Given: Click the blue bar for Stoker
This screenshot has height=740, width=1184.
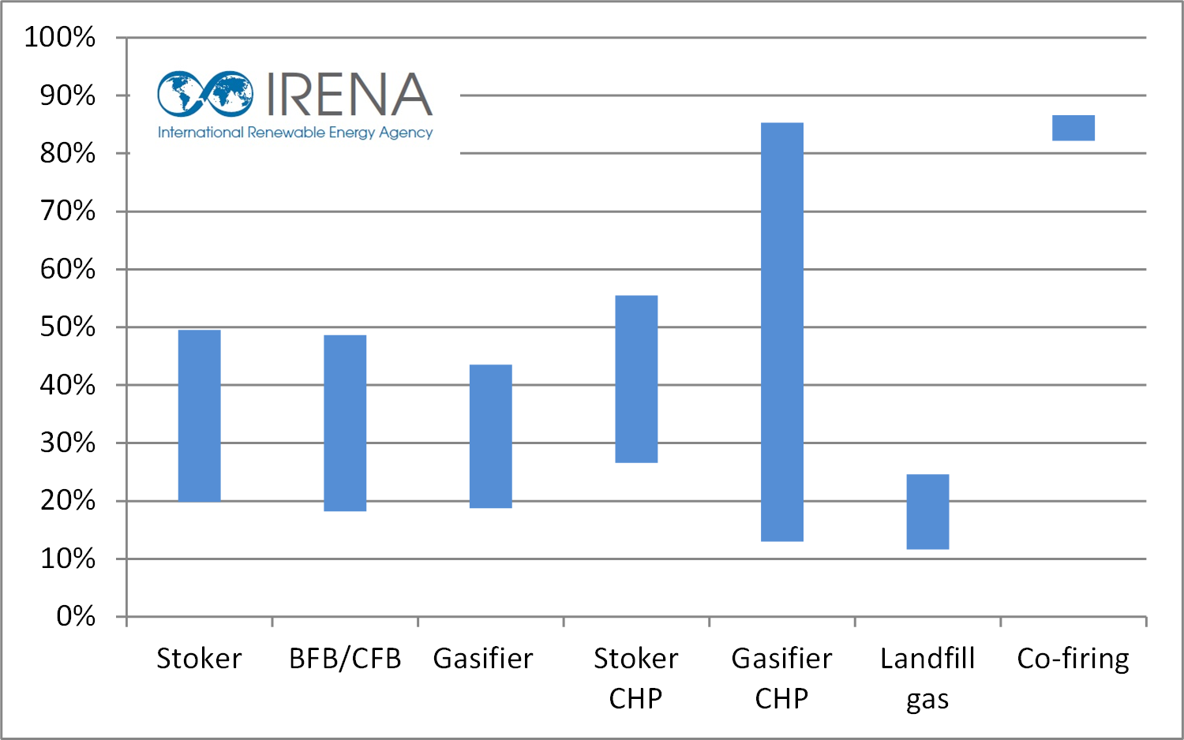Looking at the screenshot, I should [x=199, y=416].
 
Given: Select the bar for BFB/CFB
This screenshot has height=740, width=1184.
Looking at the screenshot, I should [x=345, y=423].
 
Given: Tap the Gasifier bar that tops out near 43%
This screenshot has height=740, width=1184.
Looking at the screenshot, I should [x=490, y=436].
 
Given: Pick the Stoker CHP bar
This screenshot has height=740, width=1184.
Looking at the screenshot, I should [x=636, y=379].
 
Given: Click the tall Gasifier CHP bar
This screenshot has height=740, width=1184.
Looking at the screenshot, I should [x=781, y=332].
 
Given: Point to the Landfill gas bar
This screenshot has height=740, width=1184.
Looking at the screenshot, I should [x=927, y=511].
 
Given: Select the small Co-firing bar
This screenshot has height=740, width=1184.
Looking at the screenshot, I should [x=1073, y=128].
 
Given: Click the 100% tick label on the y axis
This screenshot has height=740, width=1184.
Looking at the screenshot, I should [x=60, y=37].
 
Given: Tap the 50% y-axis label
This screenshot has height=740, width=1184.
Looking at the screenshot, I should [x=68, y=327].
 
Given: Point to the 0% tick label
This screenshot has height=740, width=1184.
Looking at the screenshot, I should [x=76, y=616].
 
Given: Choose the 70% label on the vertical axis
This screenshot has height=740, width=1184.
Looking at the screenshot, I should [x=68, y=211].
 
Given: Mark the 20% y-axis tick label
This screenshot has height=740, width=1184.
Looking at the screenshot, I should [x=68, y=500].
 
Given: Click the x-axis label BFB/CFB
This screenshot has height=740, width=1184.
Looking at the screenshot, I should [x=345, y=659].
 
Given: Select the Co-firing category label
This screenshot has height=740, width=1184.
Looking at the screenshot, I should [x=1073, y=659].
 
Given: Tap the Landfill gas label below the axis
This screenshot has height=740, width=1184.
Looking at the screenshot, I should [x=927, y=678].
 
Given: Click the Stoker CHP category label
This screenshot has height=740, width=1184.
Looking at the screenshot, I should [x=636, y=678].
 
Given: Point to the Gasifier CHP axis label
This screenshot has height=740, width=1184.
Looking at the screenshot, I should [x=781, y=678].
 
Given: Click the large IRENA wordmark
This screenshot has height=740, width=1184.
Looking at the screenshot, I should [x=349, y=95].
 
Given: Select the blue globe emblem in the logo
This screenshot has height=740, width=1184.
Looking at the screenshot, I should [x=205, y=94].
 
